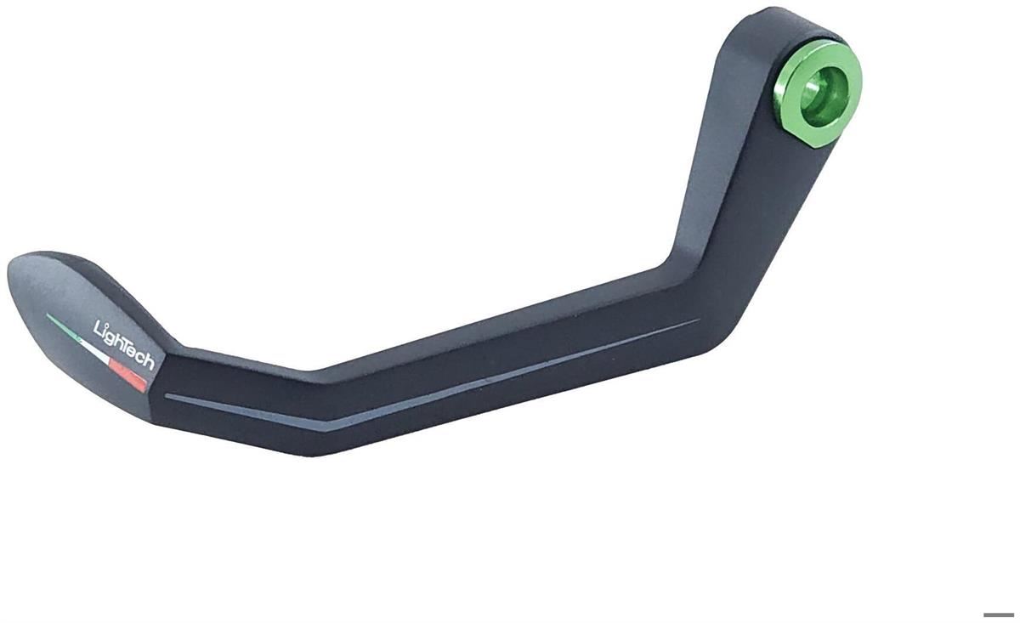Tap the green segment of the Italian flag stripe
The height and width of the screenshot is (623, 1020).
click(x=64, y=327)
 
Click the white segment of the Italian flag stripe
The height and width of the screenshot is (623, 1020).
click(x=95, y=352)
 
